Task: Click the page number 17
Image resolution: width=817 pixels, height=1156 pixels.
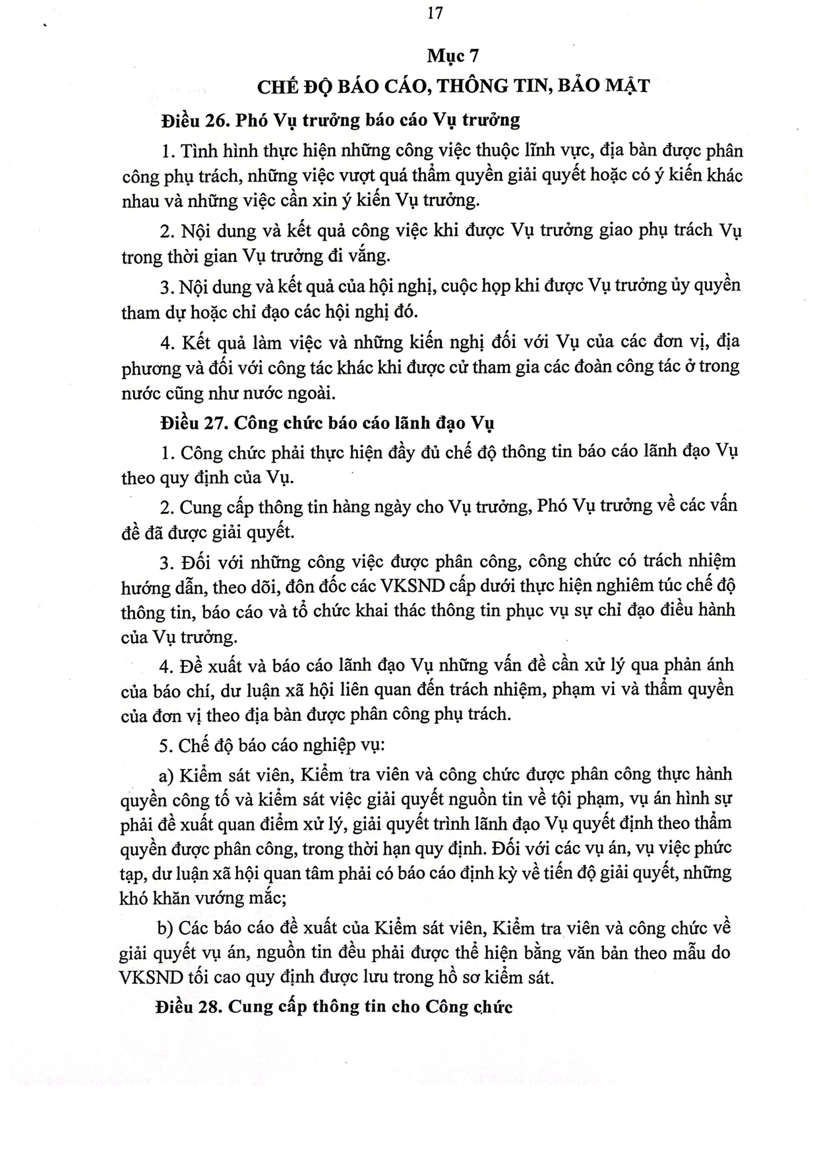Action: (435, 13)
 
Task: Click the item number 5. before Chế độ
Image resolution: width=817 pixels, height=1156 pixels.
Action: (166, 745)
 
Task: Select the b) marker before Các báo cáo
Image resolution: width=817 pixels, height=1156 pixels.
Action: (165, 928)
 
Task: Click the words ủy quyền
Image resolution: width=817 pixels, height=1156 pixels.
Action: (705, 285)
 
